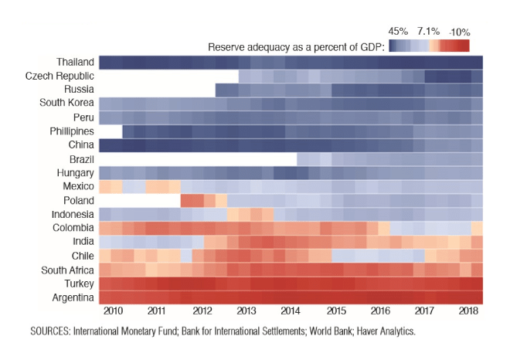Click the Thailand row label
[75, 62]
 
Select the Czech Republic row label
[59, 76]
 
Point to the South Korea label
[67, 104]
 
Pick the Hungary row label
[76, 173]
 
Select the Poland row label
[78, 200]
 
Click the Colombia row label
[73, 228]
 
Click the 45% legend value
[398, 32]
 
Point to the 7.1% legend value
[427, 32]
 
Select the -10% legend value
[459, 32]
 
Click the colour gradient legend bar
[429, 46]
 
